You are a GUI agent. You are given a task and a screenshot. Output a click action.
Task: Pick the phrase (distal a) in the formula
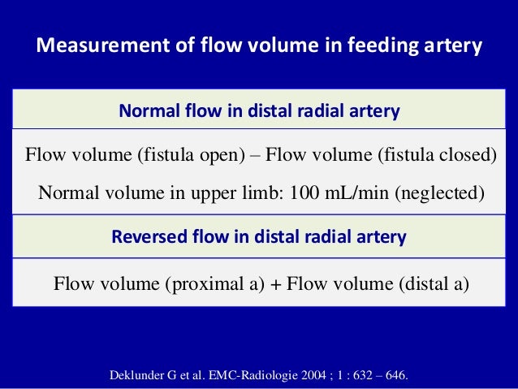point(434,283)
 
